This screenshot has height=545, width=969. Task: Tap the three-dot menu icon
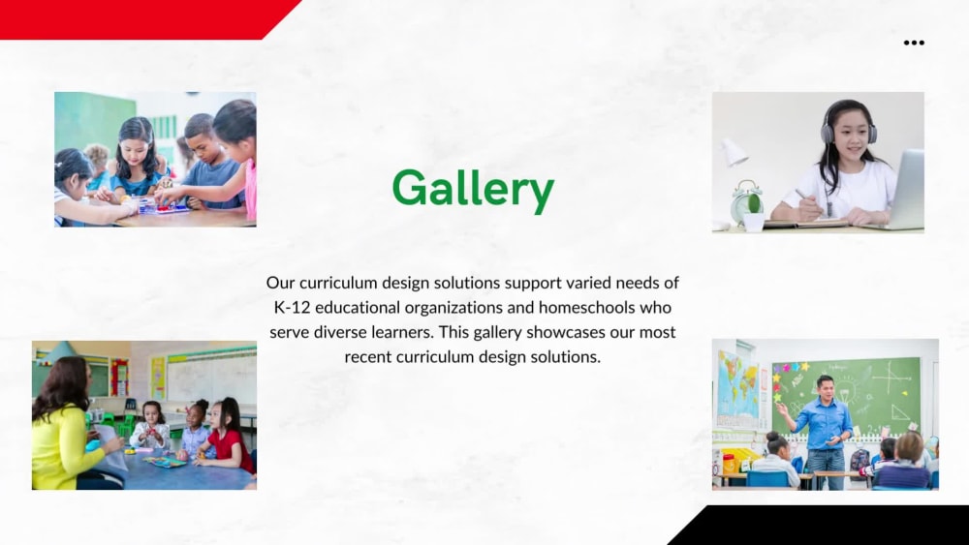[914, 43]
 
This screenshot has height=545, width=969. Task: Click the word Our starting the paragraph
[280, 283]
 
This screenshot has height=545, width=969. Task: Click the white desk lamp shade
[734, 152]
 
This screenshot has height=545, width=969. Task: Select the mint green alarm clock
[746, 202]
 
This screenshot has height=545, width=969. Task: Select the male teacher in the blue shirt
[826, 426]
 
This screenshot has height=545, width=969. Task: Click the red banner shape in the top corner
[136, 17]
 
